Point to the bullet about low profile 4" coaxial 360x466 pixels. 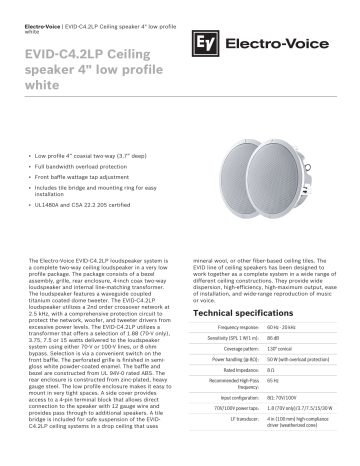[x=90, y=157]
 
